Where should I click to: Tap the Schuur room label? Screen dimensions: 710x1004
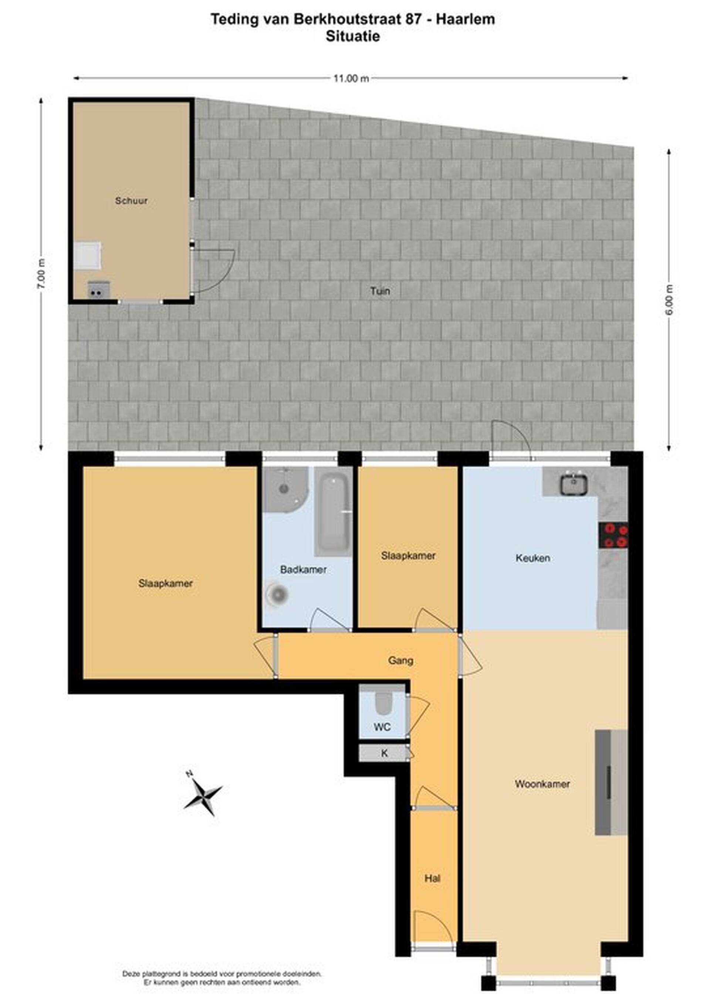coord(131,201)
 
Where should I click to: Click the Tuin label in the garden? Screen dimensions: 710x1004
coord(380,291)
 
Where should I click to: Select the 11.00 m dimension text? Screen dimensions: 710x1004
coord(351,79)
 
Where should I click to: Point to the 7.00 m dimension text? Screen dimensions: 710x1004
coord(41,273)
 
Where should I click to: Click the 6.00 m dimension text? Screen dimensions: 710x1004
coord(669,300)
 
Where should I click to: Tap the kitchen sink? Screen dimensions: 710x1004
coord(574,484)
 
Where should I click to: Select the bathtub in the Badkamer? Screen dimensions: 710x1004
coord(333,512)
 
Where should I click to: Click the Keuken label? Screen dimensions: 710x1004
coord(532,558)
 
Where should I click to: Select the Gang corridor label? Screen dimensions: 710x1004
coord(400,660)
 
